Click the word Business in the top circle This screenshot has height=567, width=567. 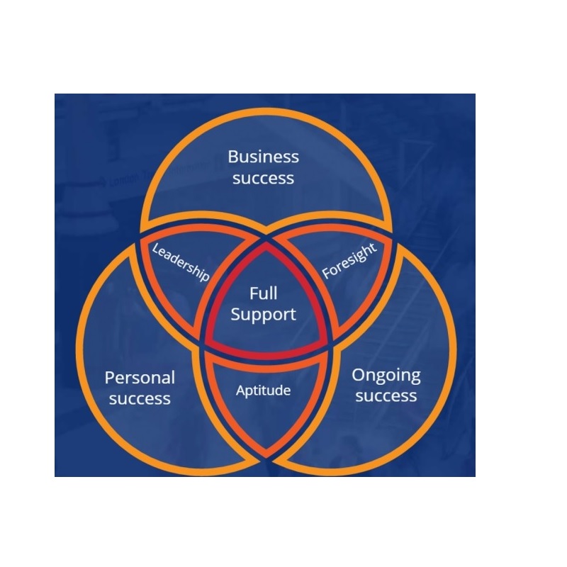(263, 157)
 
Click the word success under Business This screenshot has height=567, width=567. (263, 179)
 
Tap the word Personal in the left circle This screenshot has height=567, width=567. (140, 378)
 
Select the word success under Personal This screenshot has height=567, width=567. (140, 399)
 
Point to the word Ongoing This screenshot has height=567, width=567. (386, 376)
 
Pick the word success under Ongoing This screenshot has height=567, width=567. (386, 395)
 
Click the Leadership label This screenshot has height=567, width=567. (180, 262)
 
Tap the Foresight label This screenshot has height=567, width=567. (349, 261)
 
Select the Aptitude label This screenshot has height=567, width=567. (263, 391)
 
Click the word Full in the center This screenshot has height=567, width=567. (263, 293)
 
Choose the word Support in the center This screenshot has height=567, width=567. (263, 315)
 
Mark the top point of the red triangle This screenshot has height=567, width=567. (266, 242)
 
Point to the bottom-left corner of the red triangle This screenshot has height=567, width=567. (206, 344)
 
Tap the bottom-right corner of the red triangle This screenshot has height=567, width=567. (325, 344)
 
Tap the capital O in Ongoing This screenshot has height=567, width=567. (359, 375)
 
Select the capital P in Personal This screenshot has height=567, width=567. (110, 378)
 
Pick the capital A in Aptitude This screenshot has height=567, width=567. (241, 391)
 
